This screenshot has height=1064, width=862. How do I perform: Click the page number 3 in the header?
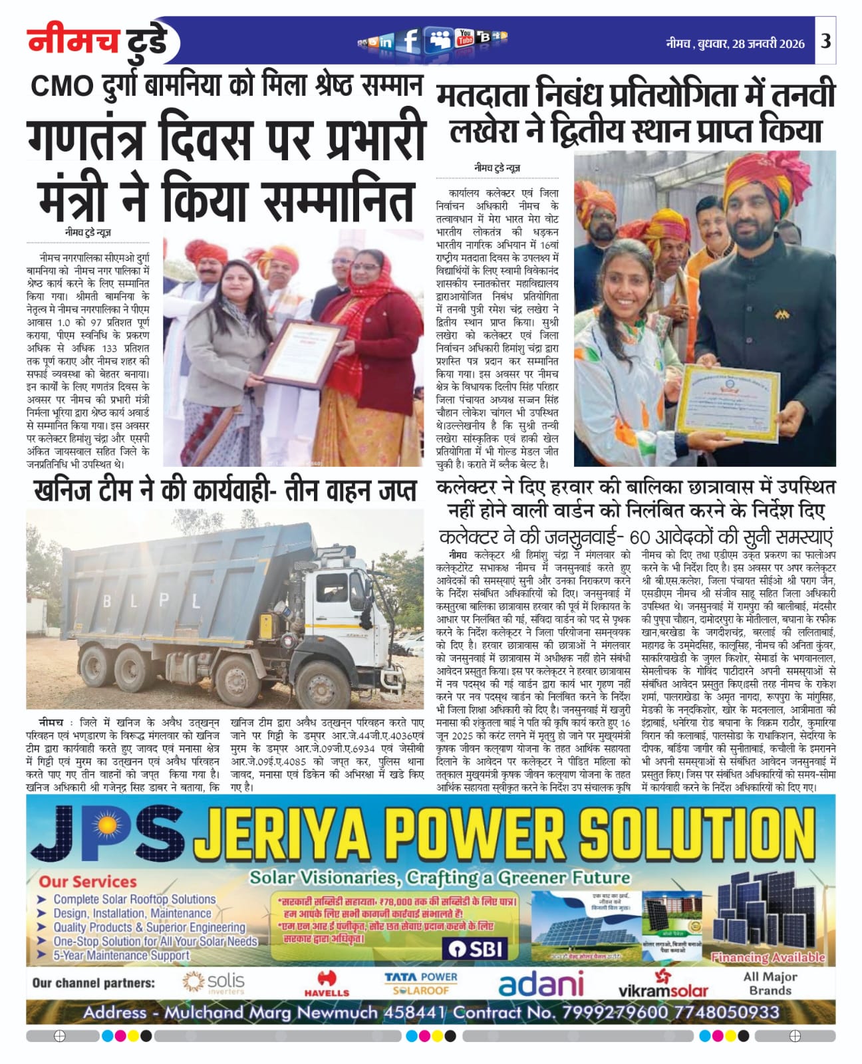point(825,41)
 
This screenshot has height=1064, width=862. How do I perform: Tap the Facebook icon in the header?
point(410,41)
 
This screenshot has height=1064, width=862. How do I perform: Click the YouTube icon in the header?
point(464,39)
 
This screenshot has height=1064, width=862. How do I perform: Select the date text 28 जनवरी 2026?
point(768,44)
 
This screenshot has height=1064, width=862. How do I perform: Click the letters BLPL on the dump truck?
point(151,602)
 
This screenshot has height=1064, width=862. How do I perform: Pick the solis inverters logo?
point(214,983)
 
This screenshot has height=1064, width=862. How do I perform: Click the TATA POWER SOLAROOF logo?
point(420,984)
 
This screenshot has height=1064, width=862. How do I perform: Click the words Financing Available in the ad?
point(768,958)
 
